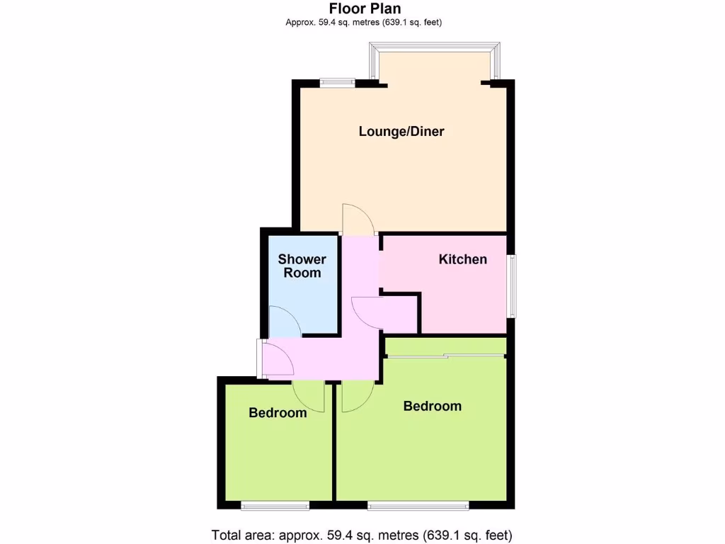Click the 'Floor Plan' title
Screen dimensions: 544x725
pyautogui.click(x=365, y=8)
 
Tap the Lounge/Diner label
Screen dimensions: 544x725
pyautogui.click(x=401, y=131)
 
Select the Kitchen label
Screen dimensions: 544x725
pyautogui.click(x=463, y=259)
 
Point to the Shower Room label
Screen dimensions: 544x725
pyautogui.click(x=302, y=266)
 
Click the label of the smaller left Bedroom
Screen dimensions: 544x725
pyautogui.click(x=278, y=412)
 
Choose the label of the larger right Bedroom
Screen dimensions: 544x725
pyautogui.click(x=432, y=406)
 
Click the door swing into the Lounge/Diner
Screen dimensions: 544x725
pyautogui.click(x=358, y=220)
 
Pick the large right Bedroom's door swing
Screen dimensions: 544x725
pyautogui.click(x=357, y=396)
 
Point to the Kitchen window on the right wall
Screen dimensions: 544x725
pyautogui.click(x=511, y=286)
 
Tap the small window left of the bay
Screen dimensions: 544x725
pyautogui.click(x=337, y=82)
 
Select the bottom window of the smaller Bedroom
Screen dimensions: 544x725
pyautogui.click(x=275, y=505)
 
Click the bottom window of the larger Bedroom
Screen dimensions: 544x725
pyautogui.click(x=418, y=505)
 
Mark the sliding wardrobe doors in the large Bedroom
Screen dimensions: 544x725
pyautogui.click(x=446, y=356)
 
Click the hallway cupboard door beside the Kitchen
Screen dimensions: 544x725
pyautogui.click(x=367, y=312)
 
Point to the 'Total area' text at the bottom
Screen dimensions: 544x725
pyautogui.click(x=362, y=535)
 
